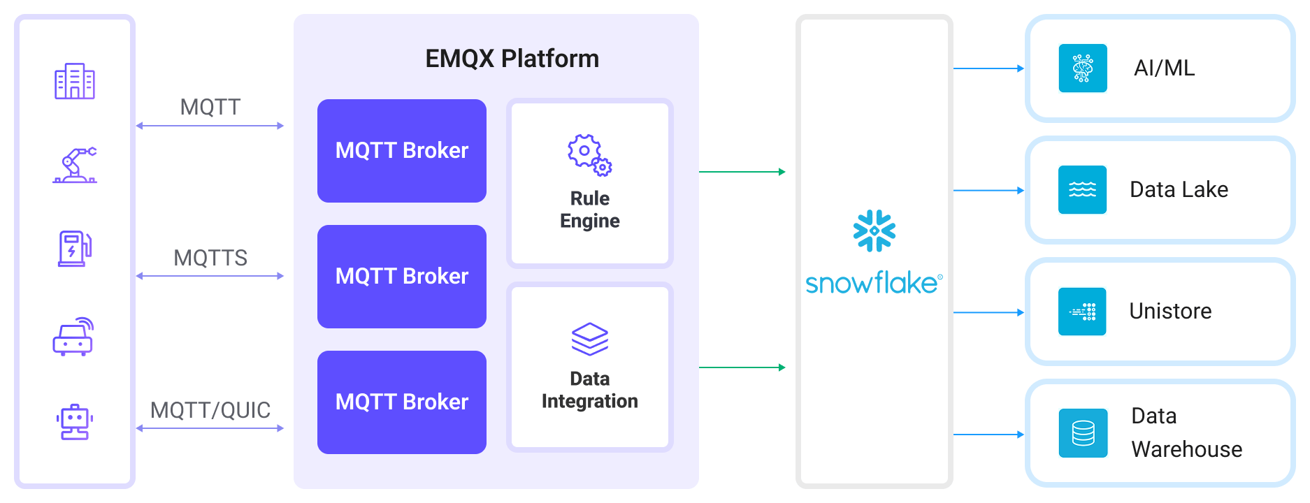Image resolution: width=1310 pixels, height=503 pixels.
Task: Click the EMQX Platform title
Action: point(512,59)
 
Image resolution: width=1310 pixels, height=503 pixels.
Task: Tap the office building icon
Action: point(75,81)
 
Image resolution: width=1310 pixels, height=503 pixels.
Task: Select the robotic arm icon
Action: point(75,166)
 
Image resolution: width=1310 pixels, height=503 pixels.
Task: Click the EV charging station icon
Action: point(75,249)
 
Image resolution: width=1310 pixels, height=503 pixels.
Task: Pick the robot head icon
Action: point(75,422)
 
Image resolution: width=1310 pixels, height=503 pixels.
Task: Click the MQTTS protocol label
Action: point(210,258)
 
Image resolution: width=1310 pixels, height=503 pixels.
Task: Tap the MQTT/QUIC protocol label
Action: point(210,410)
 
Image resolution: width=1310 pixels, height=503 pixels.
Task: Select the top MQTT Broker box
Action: point(402,151)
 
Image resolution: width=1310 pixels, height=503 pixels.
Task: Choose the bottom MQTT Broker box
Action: point(402,402)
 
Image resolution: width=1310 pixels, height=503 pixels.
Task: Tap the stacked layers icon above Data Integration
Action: point(590,339)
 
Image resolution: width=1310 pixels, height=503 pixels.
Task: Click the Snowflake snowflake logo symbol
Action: point(874,231)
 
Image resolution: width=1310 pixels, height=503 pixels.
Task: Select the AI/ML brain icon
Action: point(1083,68)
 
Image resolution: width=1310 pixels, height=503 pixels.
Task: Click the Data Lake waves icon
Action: point(1082,189)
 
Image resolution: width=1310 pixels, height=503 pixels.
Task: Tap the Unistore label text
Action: point(1170,311)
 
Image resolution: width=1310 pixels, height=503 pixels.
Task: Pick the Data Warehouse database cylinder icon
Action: point(1083,433)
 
